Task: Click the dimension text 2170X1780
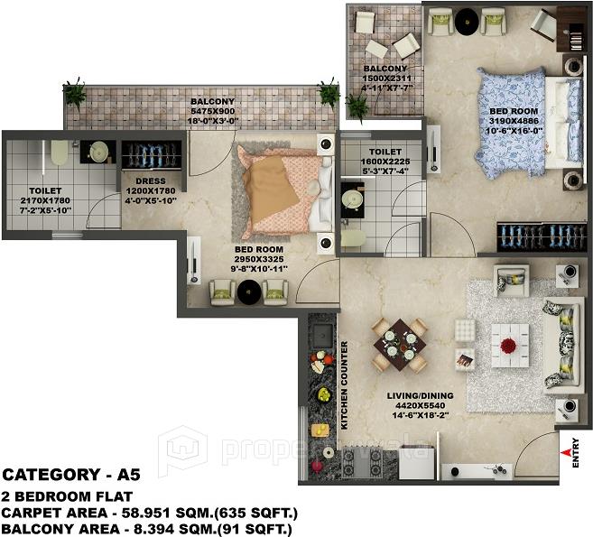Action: point(44,200)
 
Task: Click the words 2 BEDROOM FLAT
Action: point(67,496)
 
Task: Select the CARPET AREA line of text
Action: point(150,512)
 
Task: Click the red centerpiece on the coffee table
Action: point(510,345)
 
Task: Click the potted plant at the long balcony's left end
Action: point(74,92)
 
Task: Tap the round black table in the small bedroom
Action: point(248,292)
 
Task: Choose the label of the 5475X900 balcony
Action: point(212,102)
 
